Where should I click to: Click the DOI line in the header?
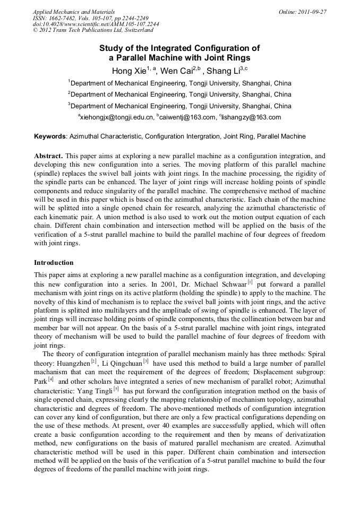pyautogui.click(x=96, y=24)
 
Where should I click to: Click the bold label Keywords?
pyautogui.click(x=50, y=136)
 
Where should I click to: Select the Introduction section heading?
pyautogui.click(x=54, y=263)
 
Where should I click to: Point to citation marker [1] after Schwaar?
pyautogui.click(x=250, y=282)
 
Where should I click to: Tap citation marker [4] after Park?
pyautogui.click(x=51, y=379)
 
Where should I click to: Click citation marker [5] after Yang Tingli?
pyautogui.click(x=116, y=388)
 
